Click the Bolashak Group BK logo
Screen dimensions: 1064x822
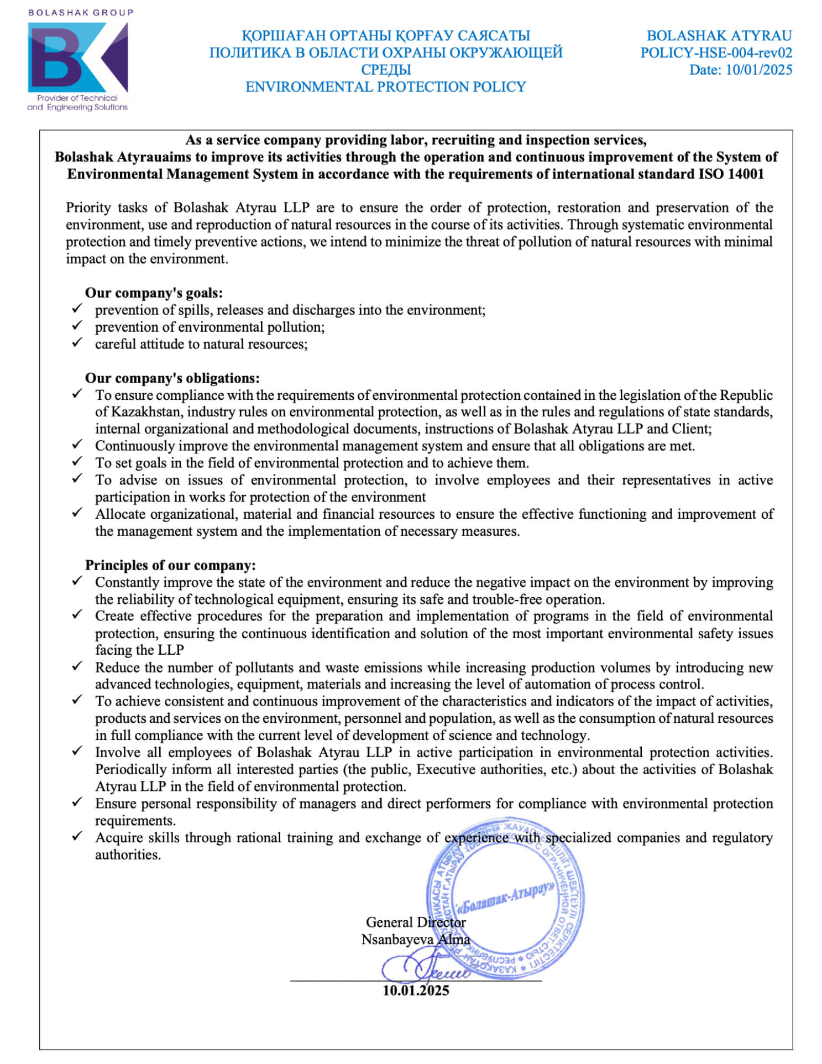(77, 57)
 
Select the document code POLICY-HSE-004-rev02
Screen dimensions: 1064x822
(716, 53)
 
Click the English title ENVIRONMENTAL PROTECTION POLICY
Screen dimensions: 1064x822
(385, 87)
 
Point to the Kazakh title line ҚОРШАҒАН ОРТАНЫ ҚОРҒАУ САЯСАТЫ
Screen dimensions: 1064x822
(385, 36)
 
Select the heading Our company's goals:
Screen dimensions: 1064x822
(154, 293)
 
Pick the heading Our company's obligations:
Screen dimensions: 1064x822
(172, 378)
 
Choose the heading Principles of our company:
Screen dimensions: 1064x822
(170, 565)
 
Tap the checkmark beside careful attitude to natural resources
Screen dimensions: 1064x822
(77, 342)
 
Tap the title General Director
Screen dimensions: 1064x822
(415, 922)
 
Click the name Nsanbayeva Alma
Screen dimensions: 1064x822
(415, 940)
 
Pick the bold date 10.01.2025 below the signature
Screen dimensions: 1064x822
(416, 990)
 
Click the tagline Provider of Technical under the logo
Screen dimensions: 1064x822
(77, 98)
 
